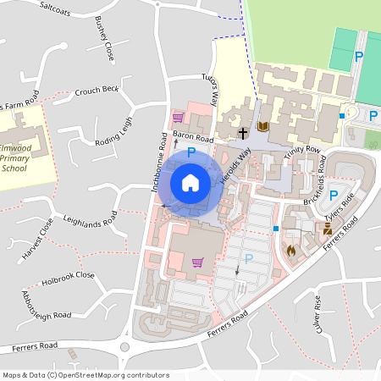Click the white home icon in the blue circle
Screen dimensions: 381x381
(x=190, y=182)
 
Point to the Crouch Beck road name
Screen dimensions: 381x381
(x=97, y=90)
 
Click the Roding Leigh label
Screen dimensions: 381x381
(x=114, y=131)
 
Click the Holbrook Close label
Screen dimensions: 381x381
(x=72, y=275)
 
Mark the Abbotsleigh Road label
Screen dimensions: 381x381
(x=47, y=306)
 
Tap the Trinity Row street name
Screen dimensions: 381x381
(x=303, y=151)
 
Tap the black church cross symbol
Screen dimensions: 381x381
(x=243, y=133)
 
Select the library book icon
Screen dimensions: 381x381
(x=262, y=126)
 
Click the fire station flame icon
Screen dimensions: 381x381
(x=291, y=251)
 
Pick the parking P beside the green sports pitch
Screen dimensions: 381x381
(x=359, y=57)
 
